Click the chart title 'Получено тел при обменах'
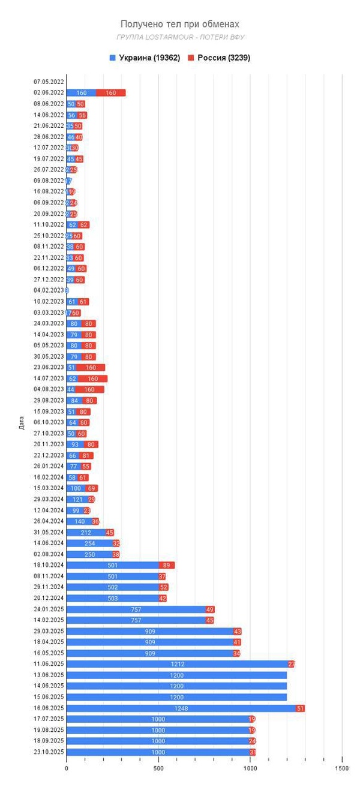[179, 24]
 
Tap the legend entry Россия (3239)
[219, 58]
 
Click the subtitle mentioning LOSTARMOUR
[179, 37]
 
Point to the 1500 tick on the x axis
[341, 767]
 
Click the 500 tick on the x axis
[158, 767]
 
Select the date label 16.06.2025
[49, 708]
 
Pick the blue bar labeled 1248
[180, 708]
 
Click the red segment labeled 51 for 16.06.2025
[300, 708]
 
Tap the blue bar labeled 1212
[177, 664]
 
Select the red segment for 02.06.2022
[110, 93]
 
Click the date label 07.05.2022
[49, 82]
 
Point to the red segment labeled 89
[166, 565]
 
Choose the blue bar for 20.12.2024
[112, 598]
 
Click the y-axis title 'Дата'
[21, 425]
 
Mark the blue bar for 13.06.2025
[176, 675]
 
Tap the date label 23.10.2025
[49, 752]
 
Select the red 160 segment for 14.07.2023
[92, 379]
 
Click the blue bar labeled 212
[85, 532]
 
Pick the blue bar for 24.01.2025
[136, 609]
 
